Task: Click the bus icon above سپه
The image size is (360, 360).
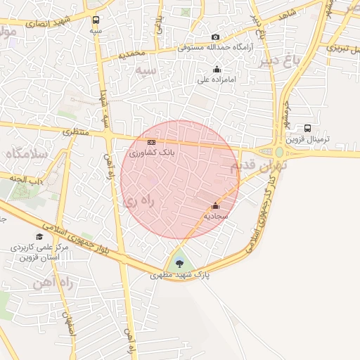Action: (96, 20)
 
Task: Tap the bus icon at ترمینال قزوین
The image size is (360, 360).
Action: (308, 129)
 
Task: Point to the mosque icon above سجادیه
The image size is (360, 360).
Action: (215, 206)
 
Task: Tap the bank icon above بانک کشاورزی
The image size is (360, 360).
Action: (150, 141)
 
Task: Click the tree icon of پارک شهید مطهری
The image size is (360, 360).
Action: (181, 264)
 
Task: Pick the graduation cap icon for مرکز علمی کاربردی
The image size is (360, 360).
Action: (39, 236)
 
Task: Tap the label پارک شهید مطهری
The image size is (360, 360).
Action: (180, 276)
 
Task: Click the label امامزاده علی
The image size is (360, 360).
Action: (217, 80)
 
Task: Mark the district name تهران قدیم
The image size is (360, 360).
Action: (250, 166)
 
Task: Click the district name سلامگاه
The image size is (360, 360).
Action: (27, 153)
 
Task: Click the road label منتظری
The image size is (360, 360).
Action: (76, 131)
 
